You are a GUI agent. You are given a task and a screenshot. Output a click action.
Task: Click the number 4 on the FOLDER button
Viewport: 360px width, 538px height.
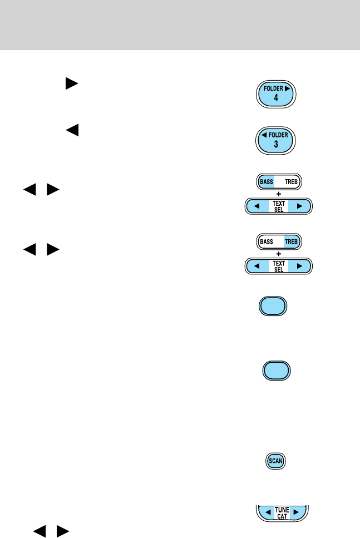(276, 98)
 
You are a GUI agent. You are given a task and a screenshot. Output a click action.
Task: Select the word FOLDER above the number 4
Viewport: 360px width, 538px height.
(274, 88)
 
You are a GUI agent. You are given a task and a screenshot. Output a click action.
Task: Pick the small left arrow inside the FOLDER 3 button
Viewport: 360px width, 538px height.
(264, 135)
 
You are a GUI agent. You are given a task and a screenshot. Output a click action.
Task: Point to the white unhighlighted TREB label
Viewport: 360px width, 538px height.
(292, 181)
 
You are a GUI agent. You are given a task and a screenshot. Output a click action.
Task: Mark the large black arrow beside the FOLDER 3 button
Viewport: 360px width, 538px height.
(71, 131)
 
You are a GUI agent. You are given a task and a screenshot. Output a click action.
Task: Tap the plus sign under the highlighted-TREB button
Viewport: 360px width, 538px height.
(279, 254)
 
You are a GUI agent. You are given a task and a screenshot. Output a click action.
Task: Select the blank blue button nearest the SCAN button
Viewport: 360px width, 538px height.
(277, 371)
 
